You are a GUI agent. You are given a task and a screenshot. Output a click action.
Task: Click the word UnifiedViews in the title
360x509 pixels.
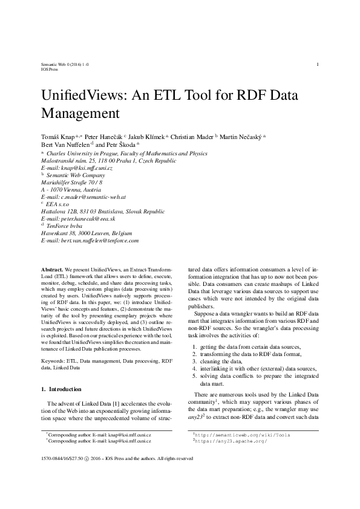pos(82,97)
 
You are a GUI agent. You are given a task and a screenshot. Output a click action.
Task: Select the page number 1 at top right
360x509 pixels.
pos(318,64)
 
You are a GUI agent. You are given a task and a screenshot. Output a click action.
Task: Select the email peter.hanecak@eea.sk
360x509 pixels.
pos(88,219)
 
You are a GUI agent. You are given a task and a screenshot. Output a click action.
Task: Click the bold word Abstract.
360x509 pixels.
pos(51,267)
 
